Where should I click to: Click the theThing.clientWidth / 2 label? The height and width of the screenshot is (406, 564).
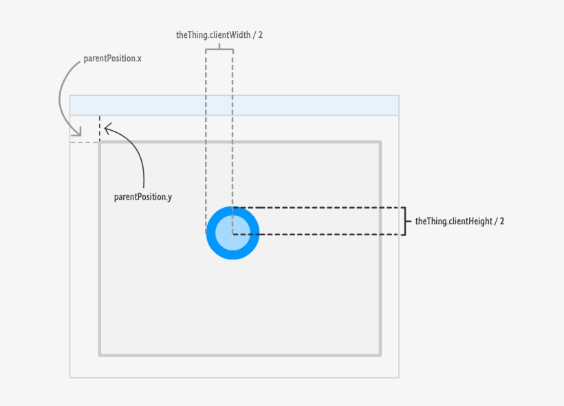219,34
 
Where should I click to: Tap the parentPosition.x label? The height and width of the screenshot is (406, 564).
112,58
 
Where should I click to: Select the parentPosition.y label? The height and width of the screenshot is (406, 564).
143,197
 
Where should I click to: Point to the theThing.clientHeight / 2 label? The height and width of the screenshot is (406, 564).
459,222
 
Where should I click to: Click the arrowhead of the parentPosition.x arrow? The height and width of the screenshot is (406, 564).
78,133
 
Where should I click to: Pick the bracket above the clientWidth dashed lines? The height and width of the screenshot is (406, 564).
219,48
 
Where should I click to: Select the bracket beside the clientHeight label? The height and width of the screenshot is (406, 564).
406,222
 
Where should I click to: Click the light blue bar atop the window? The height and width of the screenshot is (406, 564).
234,105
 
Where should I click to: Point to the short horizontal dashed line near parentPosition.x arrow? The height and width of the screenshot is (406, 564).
84,142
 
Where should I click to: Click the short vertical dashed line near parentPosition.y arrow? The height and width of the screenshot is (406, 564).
100,129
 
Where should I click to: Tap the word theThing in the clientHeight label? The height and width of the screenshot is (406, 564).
431,222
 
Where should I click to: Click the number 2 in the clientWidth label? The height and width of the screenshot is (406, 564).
260,34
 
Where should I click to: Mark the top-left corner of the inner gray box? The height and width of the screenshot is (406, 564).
100,143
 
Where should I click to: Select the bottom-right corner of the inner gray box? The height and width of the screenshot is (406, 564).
380,355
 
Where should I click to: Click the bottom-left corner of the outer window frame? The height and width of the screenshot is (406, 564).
70,377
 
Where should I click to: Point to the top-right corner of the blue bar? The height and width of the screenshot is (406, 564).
398,96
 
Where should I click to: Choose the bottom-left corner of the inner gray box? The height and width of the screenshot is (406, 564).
100,355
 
